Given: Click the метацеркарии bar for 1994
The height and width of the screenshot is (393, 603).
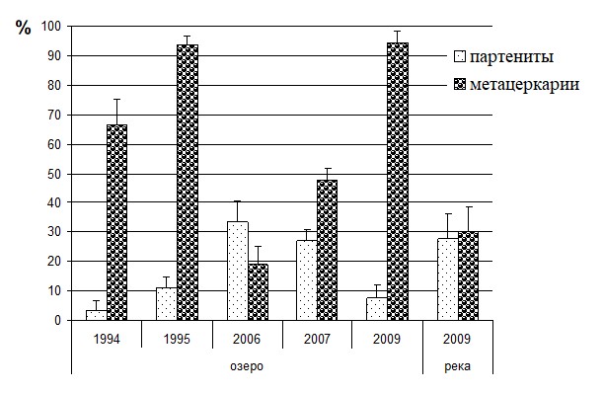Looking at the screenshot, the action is pyautogui.click(x=116, y=222).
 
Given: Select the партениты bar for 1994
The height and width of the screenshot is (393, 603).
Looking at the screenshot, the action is pyautogui.click(x=96, y=315).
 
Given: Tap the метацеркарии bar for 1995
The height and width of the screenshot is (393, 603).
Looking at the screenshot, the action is pyautogui.click(x=188, y=183).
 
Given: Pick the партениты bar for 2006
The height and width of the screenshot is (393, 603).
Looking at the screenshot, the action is pyautogui.click(x=238, y=271).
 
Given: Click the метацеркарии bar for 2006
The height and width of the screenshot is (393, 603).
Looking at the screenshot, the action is pyautogui.click(x=258, y=292).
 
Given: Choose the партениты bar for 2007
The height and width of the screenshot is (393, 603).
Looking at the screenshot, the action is pyautogui.click(x=307, y=280).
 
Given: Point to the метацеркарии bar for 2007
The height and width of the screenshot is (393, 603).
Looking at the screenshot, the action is pyautogui.click(x=328, y=250).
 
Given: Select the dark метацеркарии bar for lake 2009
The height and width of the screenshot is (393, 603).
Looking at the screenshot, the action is pyautogui.click(x=398, y=182).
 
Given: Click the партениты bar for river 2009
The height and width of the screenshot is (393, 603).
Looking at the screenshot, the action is pyautogui.click(x=448, y=279).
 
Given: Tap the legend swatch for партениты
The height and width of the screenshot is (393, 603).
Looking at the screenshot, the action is pyautogui.click(x=460, y=56).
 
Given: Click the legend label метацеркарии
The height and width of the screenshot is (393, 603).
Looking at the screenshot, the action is pyautogui.click(x=525, y=84).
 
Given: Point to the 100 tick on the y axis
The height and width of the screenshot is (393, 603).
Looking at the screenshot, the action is pyautogui.click(x=51, y=27).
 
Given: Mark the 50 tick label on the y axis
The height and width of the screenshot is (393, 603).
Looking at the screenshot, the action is pyautogui.click(x=54, y=175).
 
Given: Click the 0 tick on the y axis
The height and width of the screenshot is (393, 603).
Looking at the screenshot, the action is pyautogui.click(x=57, y=320).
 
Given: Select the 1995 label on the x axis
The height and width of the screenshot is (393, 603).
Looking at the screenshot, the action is pyautogui.click(x=177, y=339).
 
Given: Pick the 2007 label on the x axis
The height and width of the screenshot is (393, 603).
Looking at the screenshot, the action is pyautogui.click(x=317, y=339).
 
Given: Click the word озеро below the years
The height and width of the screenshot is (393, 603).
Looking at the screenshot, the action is pyautogui.click(x=247, y=365).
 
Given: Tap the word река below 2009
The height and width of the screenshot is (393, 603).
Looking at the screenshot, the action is pyautogui.click(x=457, y=366).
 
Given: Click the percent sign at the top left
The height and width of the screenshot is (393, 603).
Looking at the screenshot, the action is pyautogui.click(x=24, y=28).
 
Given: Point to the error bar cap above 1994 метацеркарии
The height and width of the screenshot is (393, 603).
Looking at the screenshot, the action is pyautogui.click(x=116, y=100).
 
